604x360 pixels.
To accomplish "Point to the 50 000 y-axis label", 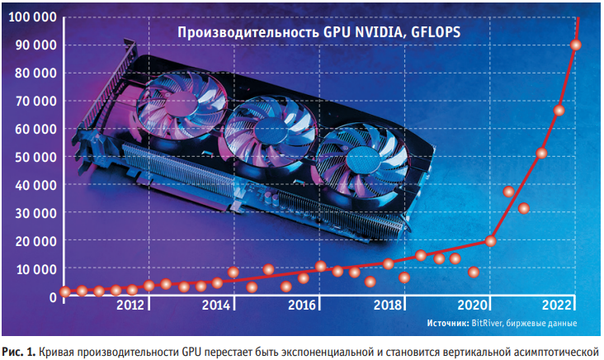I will coord(31,157).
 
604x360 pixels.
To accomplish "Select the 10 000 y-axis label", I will coord(31,269).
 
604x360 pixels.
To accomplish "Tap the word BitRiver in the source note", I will coord(487,322).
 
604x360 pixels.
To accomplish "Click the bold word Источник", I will coord(447,322).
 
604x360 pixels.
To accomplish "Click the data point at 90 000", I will coord(576,45).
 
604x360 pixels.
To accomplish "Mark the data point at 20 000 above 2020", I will coord(490,241).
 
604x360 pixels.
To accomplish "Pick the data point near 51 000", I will coord(542,153).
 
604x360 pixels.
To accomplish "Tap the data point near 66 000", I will coord(559,111).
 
